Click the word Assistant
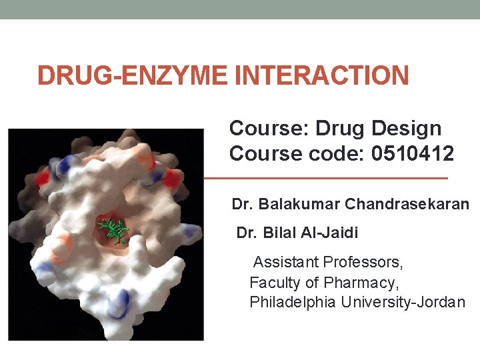(x=285, y=261)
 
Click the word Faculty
(x=274, y=282)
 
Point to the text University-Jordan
(x=403, y=302)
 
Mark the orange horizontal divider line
(x=325, y=179)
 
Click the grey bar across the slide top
(x=240, y=9)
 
